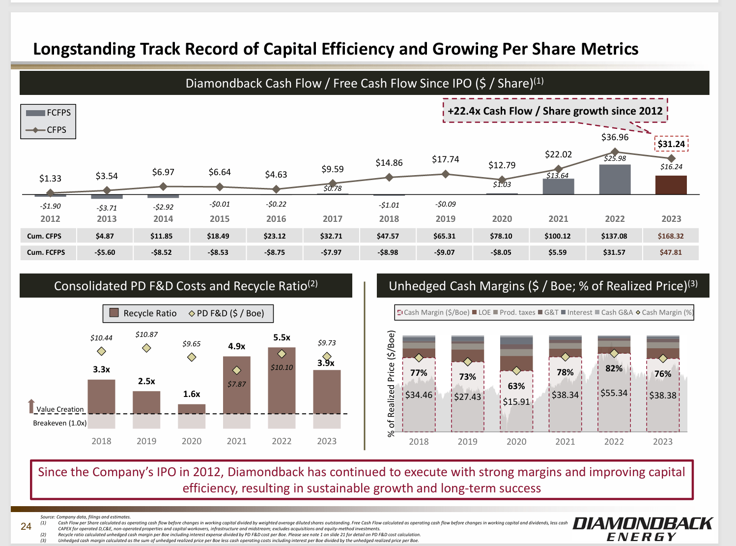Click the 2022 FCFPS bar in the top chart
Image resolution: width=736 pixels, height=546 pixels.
tap(615, 180)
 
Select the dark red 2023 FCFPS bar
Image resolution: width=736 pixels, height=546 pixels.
tap(671, 185)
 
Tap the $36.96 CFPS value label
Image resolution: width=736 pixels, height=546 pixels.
tap(615, 137)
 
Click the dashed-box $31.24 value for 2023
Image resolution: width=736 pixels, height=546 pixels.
tap(671, 144)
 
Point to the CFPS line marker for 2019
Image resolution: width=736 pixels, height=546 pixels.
tap(446, 174)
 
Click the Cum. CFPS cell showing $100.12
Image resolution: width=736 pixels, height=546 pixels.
tap(558, 236)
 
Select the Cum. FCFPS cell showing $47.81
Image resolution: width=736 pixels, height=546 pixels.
tap(671, 252)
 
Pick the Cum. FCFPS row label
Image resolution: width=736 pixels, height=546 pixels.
tap(46, 252)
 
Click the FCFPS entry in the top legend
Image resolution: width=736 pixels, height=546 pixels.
tap(49, 113)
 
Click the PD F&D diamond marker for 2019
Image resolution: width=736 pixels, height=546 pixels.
tap(146, 348)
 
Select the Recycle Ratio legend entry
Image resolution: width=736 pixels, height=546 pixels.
tap(143, 313)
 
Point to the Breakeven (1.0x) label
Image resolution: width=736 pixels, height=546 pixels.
tap(60, 423)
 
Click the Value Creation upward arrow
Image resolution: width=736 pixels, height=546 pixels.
tap(31, 406)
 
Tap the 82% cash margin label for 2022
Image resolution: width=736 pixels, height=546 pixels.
tap(614, 368)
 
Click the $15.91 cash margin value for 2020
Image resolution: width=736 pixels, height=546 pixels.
tap(516, 401)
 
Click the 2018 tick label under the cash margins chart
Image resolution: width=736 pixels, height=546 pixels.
tap(419, 442)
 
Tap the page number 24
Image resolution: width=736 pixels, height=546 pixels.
tap(26, 526)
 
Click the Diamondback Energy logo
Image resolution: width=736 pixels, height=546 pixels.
tap(643, 529)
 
